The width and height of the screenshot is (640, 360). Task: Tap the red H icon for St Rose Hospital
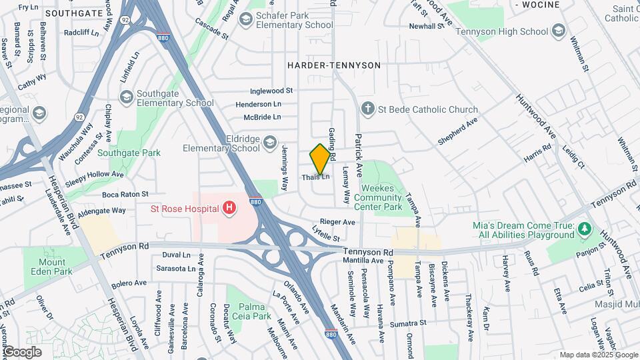230,209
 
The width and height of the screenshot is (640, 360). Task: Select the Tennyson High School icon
558,30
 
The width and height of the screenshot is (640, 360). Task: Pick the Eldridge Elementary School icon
269,142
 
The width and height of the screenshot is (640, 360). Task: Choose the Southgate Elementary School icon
125,98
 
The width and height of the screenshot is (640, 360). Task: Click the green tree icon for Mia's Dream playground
585,229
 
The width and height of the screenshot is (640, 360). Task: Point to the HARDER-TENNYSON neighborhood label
333,65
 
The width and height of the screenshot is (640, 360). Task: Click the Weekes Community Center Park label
382,197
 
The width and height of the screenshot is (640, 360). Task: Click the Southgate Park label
129,153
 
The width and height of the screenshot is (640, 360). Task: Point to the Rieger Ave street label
338,221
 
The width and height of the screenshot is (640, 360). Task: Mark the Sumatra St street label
408,323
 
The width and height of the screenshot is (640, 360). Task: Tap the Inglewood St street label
271,91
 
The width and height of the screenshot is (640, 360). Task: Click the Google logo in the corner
22,351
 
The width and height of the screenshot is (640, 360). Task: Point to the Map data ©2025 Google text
598,355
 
